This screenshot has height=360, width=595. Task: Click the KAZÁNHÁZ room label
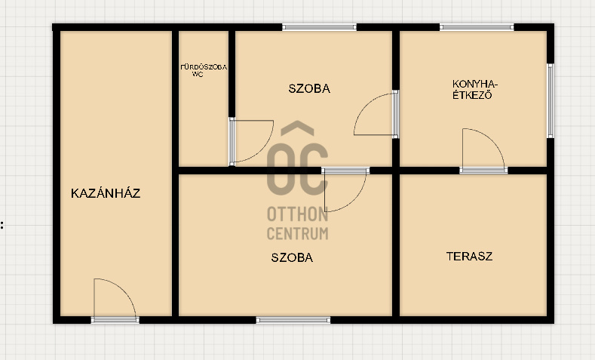106,193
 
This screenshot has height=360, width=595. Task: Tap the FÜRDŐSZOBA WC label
204,71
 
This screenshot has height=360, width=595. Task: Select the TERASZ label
469,257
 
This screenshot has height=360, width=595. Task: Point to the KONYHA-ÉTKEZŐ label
474,90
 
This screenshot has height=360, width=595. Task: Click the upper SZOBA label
309,88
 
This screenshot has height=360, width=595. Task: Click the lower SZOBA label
292,257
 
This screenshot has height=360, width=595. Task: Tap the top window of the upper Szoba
319,27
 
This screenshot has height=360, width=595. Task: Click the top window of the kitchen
477,27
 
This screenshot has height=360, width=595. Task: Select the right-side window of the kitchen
551,100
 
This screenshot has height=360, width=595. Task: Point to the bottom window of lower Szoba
293,320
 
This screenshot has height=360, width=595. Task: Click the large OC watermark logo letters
297,169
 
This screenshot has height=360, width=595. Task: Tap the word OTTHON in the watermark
297,214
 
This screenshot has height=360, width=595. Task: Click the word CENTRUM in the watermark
297,233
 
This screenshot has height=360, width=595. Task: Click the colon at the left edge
2,225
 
